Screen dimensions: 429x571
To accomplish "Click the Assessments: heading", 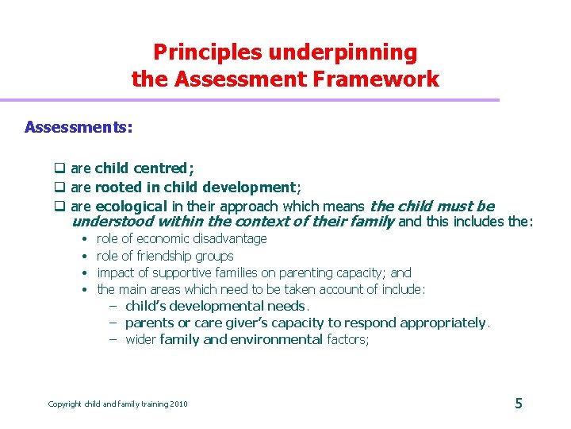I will [79, 127].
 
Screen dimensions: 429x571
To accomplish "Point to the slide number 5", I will [519, 404].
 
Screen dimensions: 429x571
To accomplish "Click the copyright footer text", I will [117, 404].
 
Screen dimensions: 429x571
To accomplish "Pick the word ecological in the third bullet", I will [132, 207].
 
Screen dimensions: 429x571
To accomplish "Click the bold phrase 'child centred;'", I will [144, 168].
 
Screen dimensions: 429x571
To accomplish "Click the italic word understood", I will [111, 222].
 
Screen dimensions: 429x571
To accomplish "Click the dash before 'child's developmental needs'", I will [113, 307].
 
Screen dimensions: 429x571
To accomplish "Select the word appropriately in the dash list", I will [443, 323].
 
